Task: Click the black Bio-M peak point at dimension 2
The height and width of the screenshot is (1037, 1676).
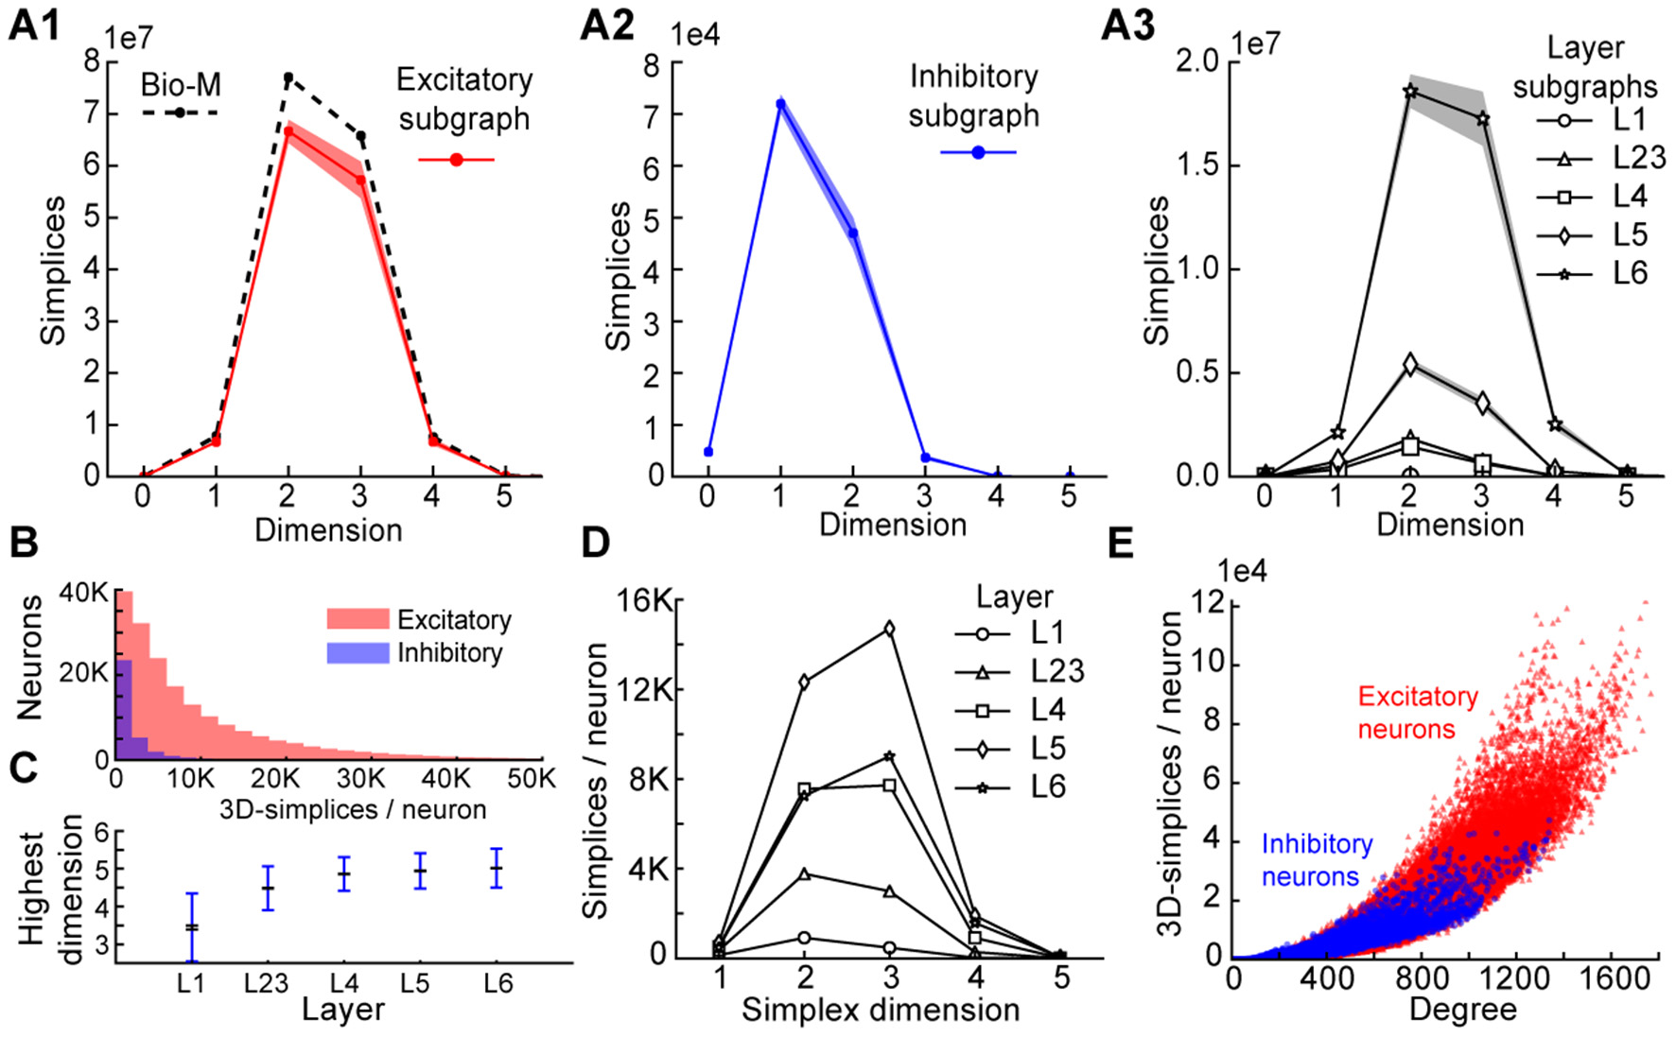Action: coord(288,78)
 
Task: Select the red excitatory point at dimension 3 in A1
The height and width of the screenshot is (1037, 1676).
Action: coord(360,180)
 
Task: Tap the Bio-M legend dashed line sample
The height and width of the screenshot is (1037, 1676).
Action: coord(180,112)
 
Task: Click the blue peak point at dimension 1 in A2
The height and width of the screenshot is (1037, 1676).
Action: coord(780,104)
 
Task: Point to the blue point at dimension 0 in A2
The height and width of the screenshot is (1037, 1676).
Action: coord(708,452)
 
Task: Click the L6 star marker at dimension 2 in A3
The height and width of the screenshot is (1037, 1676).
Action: coord(1410,92)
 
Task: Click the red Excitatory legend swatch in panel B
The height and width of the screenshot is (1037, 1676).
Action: coord(358,620)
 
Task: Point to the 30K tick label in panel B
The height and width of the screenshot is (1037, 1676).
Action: coord(360,779)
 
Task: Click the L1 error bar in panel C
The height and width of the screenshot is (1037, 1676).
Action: coord(192,927)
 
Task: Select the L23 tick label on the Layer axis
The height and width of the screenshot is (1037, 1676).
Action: coord(266,984)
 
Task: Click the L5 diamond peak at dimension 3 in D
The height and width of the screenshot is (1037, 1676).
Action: coord(889,629)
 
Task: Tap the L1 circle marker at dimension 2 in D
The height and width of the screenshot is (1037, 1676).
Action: coord(804,938)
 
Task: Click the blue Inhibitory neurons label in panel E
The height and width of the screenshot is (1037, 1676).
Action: coord(1317,860)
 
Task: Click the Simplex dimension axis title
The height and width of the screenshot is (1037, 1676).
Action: coord(880,1011)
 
